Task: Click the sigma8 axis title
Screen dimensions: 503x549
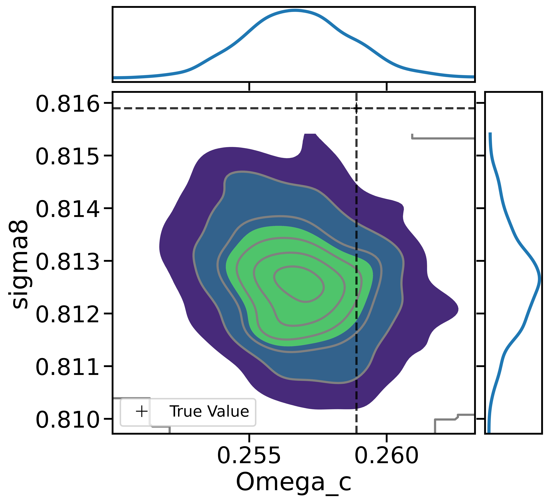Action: coord(20,264)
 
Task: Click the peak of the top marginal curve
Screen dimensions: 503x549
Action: coord(295,10)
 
